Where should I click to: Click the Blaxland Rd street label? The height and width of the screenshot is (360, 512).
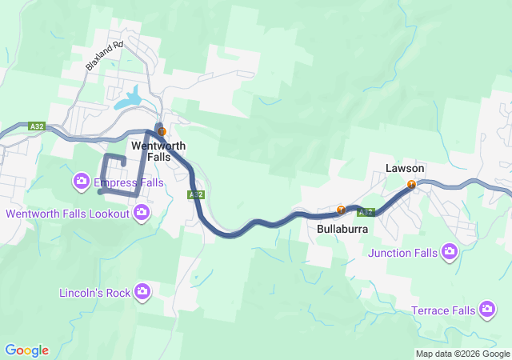104,55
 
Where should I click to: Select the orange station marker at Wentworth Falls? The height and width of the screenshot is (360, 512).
162,131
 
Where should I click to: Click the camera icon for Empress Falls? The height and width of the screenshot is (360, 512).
82,182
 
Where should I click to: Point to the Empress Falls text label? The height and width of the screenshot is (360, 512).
128,183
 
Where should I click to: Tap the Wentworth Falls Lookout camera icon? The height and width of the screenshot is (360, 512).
142,212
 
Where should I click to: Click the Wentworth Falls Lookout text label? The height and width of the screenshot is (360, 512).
67,214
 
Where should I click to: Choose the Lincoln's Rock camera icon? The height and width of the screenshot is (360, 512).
142,291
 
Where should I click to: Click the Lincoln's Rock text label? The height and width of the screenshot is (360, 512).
94,293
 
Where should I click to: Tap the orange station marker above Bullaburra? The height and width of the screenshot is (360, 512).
341,210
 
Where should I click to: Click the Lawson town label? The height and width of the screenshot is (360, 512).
405,169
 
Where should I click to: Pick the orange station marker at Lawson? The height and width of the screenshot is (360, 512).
411,185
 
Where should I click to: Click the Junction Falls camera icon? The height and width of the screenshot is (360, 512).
450,252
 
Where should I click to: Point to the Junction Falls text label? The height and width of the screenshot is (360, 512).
403,254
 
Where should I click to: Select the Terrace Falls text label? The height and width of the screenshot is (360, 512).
443,310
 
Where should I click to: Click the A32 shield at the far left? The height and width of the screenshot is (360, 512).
36,126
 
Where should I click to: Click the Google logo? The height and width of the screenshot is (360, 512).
26,350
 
